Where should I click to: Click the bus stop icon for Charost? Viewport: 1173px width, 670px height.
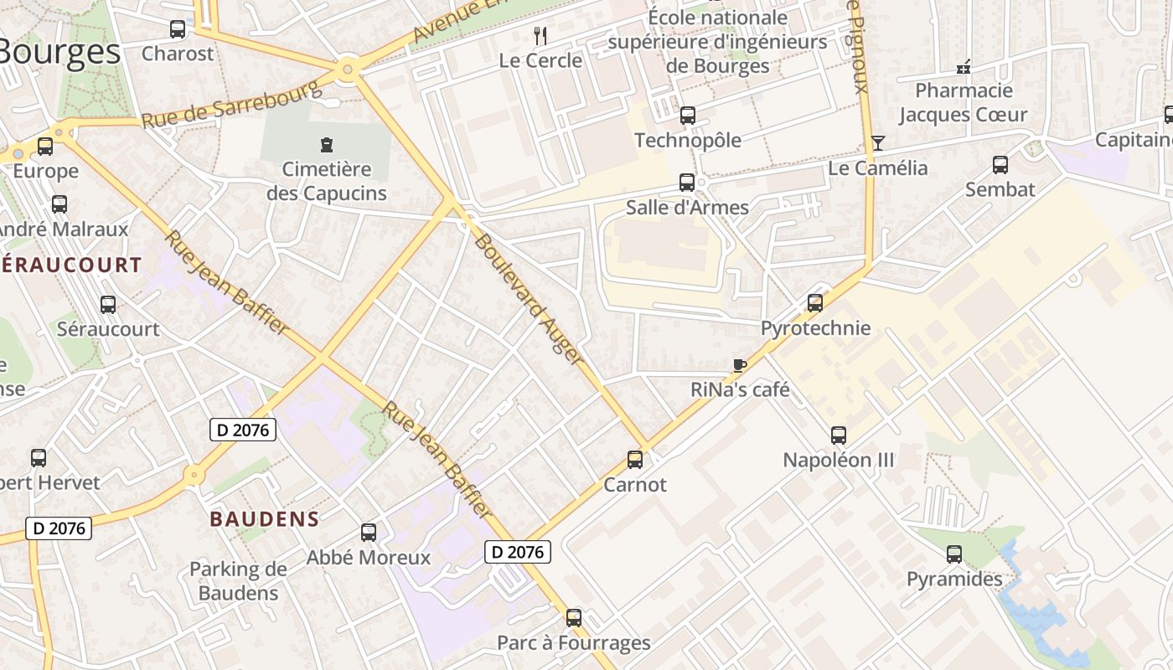click(178, 29)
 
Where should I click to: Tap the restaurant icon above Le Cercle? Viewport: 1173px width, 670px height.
click(540, 35)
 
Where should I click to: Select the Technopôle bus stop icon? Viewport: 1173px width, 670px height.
click(687, 116)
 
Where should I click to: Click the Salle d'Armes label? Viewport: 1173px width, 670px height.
click(687, 207)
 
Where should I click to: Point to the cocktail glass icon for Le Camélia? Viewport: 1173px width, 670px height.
click(877, 143)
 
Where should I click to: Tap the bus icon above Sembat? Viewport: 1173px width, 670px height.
click(1000, 165)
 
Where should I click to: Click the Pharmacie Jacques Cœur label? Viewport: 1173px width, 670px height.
click(963, 102)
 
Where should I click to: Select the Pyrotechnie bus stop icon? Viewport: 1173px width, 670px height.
click(814, 303)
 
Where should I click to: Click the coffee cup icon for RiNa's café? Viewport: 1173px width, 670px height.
click(739, 365)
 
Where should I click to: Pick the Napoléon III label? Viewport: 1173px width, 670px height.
click(838, 460)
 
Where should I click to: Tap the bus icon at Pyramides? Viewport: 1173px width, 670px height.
click(953, 554)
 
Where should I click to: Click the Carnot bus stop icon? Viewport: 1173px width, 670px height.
click(635, 460)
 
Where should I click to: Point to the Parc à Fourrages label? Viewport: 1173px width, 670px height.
click(573, 642)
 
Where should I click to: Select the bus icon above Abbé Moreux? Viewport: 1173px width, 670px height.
click(368, 532)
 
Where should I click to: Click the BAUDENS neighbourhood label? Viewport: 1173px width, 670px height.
click(264, 518)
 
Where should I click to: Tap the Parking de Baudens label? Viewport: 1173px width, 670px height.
click(238, 581)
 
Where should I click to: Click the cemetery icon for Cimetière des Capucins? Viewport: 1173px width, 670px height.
click(327, 144)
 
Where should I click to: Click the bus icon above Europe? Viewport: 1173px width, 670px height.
click(45, 147)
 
